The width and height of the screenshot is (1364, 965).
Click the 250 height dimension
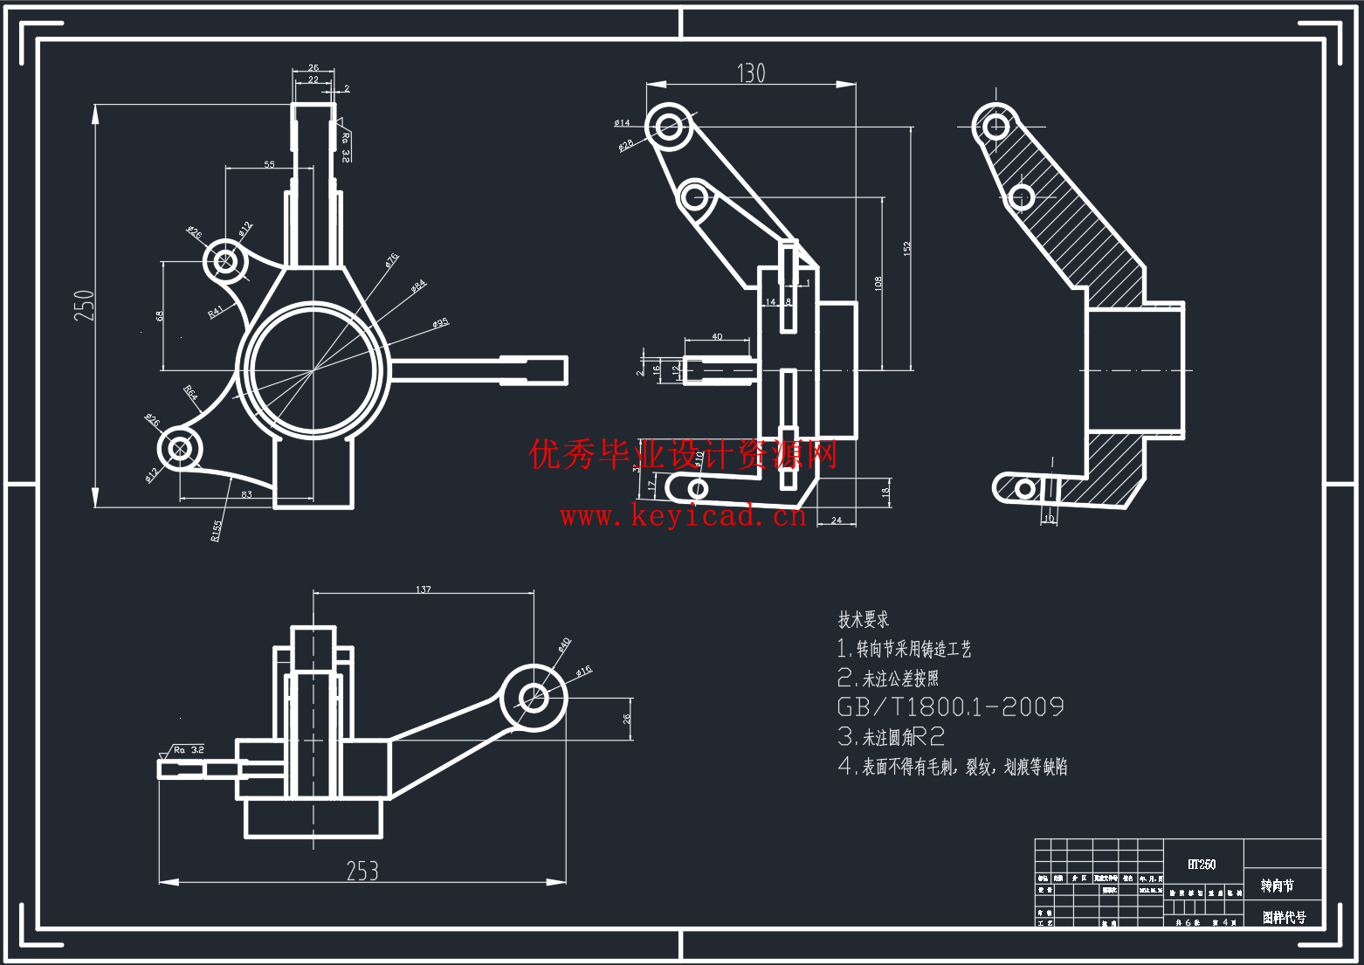point(84,306)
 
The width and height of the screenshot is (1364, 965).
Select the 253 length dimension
point(362,871)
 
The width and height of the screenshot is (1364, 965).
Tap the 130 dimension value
point(751,73)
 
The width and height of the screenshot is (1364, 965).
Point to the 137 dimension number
point(424,589)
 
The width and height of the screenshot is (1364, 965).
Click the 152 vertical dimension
point(906,249)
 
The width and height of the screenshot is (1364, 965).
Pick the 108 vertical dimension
point(878,282)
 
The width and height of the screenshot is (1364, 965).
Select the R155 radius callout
point(217,530)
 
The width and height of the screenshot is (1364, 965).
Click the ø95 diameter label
point(440,323)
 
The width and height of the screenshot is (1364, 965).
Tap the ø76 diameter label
point(391,259)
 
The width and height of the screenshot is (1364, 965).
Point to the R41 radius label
point(216,311)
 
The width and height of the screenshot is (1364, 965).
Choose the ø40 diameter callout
point(564,644)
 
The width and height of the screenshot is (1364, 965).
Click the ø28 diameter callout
point(625,145)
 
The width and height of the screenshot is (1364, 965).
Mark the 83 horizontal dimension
point(246,494)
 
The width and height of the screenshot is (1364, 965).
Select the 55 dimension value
point(269,164)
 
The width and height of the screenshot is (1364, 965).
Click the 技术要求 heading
point(863,619)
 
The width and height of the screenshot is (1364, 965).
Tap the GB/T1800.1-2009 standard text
point(950,707)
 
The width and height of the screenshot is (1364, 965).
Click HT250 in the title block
point(1202,864)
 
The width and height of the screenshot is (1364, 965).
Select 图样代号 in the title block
point(1284,917)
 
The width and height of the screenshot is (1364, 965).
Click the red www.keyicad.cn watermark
point(683,516)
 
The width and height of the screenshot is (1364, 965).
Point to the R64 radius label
point(191,393)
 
